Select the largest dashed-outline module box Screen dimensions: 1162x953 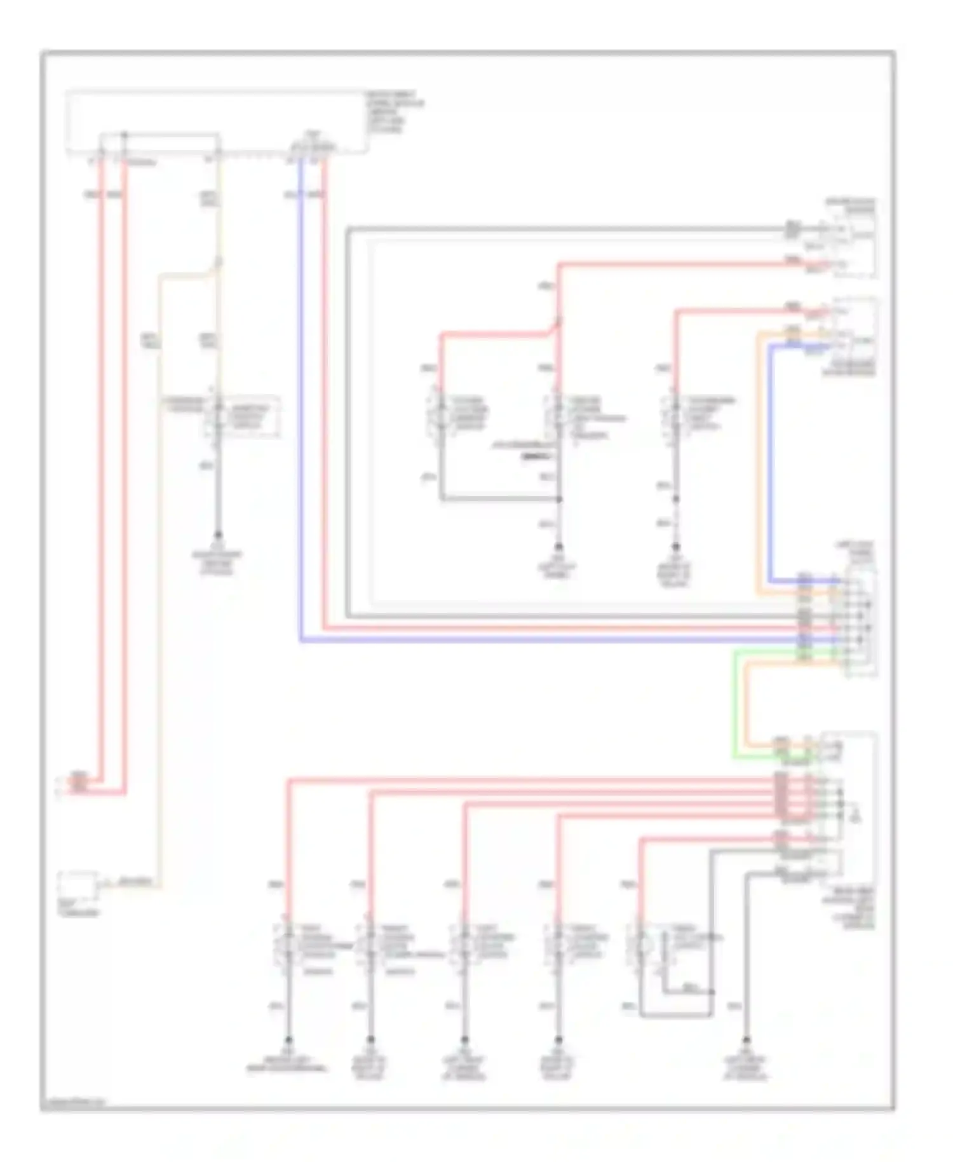[216, 121]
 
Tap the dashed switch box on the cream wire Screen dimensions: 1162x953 [241, 416]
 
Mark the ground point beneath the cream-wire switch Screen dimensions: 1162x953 [217, 535]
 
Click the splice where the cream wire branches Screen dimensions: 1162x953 [218, 262]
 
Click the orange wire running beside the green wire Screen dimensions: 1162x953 [747, 699]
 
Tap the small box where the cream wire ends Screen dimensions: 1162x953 [78, 885]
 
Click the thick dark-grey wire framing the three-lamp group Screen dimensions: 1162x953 [348, 420]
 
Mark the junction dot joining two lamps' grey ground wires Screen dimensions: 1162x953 [559, 499]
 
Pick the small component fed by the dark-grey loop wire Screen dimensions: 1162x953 [851, 238]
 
